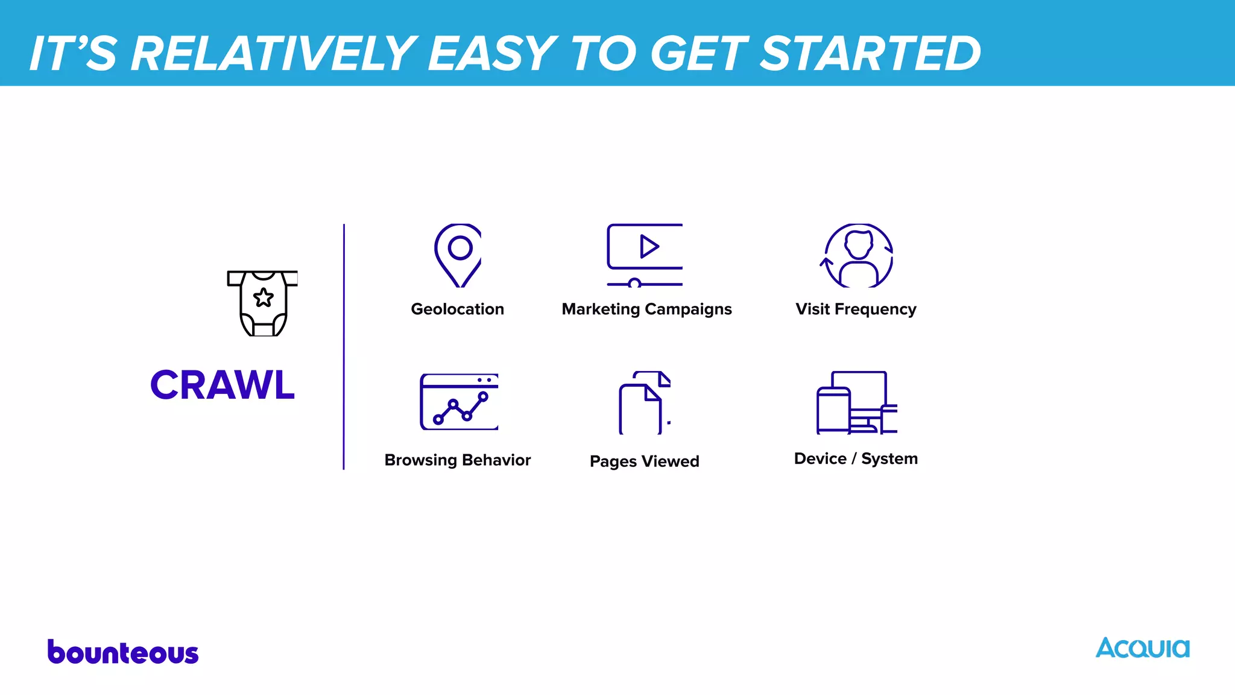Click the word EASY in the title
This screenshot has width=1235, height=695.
[x=492, y=54]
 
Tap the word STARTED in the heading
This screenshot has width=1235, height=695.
[x=870, y=54]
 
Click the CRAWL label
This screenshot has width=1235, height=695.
[x=223, y=385]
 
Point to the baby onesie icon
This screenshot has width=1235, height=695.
[x=263, y=303]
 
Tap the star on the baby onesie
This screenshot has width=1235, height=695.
[x=264, y=297]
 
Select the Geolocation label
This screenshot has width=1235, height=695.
[x=457, y=309]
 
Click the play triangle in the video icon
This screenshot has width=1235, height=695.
[x=649, y=246]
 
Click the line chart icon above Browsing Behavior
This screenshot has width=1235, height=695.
[x=460, y=402]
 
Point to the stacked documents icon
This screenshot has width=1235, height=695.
[x=644, y=403]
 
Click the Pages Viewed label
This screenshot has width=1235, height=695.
[x=644, y=462]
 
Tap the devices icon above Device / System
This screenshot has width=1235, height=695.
[x=856, y=402]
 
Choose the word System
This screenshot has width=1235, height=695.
[x=889, y=459]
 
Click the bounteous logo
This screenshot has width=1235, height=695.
[x=123, y=652]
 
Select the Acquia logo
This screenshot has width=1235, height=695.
[x=1142, y=648]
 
